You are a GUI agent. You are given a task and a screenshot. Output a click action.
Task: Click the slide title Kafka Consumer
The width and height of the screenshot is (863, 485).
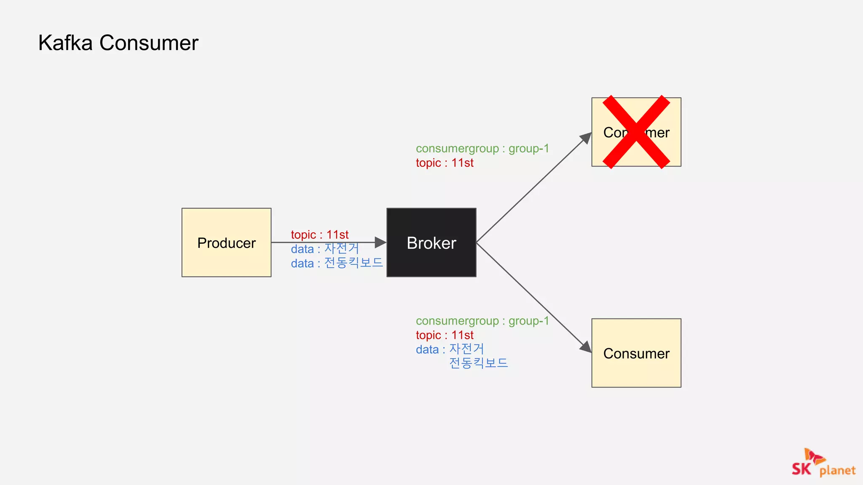tap(118, 43)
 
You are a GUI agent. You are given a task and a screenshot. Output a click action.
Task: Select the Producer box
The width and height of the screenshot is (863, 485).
tap(226, 242)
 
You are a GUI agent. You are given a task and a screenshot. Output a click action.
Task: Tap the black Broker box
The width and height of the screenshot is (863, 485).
tap(431, 242)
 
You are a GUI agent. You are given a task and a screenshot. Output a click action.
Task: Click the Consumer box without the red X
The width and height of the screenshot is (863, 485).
tap(636, 353)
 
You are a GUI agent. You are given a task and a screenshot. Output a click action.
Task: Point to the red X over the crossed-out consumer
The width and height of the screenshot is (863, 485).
tap(636, 132)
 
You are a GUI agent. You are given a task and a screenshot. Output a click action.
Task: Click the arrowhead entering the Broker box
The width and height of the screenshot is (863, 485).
tap(381, 242)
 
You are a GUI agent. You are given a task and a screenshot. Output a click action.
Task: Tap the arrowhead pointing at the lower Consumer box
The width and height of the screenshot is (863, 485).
tap(586, 347)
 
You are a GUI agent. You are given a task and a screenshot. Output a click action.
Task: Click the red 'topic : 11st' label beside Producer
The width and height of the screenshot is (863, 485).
tap(319, 235)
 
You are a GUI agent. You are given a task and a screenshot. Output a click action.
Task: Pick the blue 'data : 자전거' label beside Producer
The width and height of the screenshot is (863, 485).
tap(324, 249)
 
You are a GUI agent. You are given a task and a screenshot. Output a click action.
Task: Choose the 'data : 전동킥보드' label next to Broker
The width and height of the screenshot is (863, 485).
tap(336, 263)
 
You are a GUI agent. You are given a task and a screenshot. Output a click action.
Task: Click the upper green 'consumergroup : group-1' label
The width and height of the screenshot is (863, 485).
tap(482, 149)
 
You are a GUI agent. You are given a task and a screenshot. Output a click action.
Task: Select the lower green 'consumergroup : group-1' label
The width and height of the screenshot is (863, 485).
tap(482, 321)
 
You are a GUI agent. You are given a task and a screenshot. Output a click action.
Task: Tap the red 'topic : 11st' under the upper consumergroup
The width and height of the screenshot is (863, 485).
tap(445, 163)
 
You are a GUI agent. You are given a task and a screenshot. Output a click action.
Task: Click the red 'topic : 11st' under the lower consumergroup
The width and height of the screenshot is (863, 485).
tap(445, 335)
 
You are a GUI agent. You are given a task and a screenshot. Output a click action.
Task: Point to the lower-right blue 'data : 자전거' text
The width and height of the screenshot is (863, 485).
tap(450, 349)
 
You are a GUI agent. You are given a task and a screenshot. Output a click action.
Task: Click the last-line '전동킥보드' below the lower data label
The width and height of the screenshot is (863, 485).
tap(478, 363)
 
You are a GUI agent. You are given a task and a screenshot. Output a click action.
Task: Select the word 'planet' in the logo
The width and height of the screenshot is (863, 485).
tap(837, 470)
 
